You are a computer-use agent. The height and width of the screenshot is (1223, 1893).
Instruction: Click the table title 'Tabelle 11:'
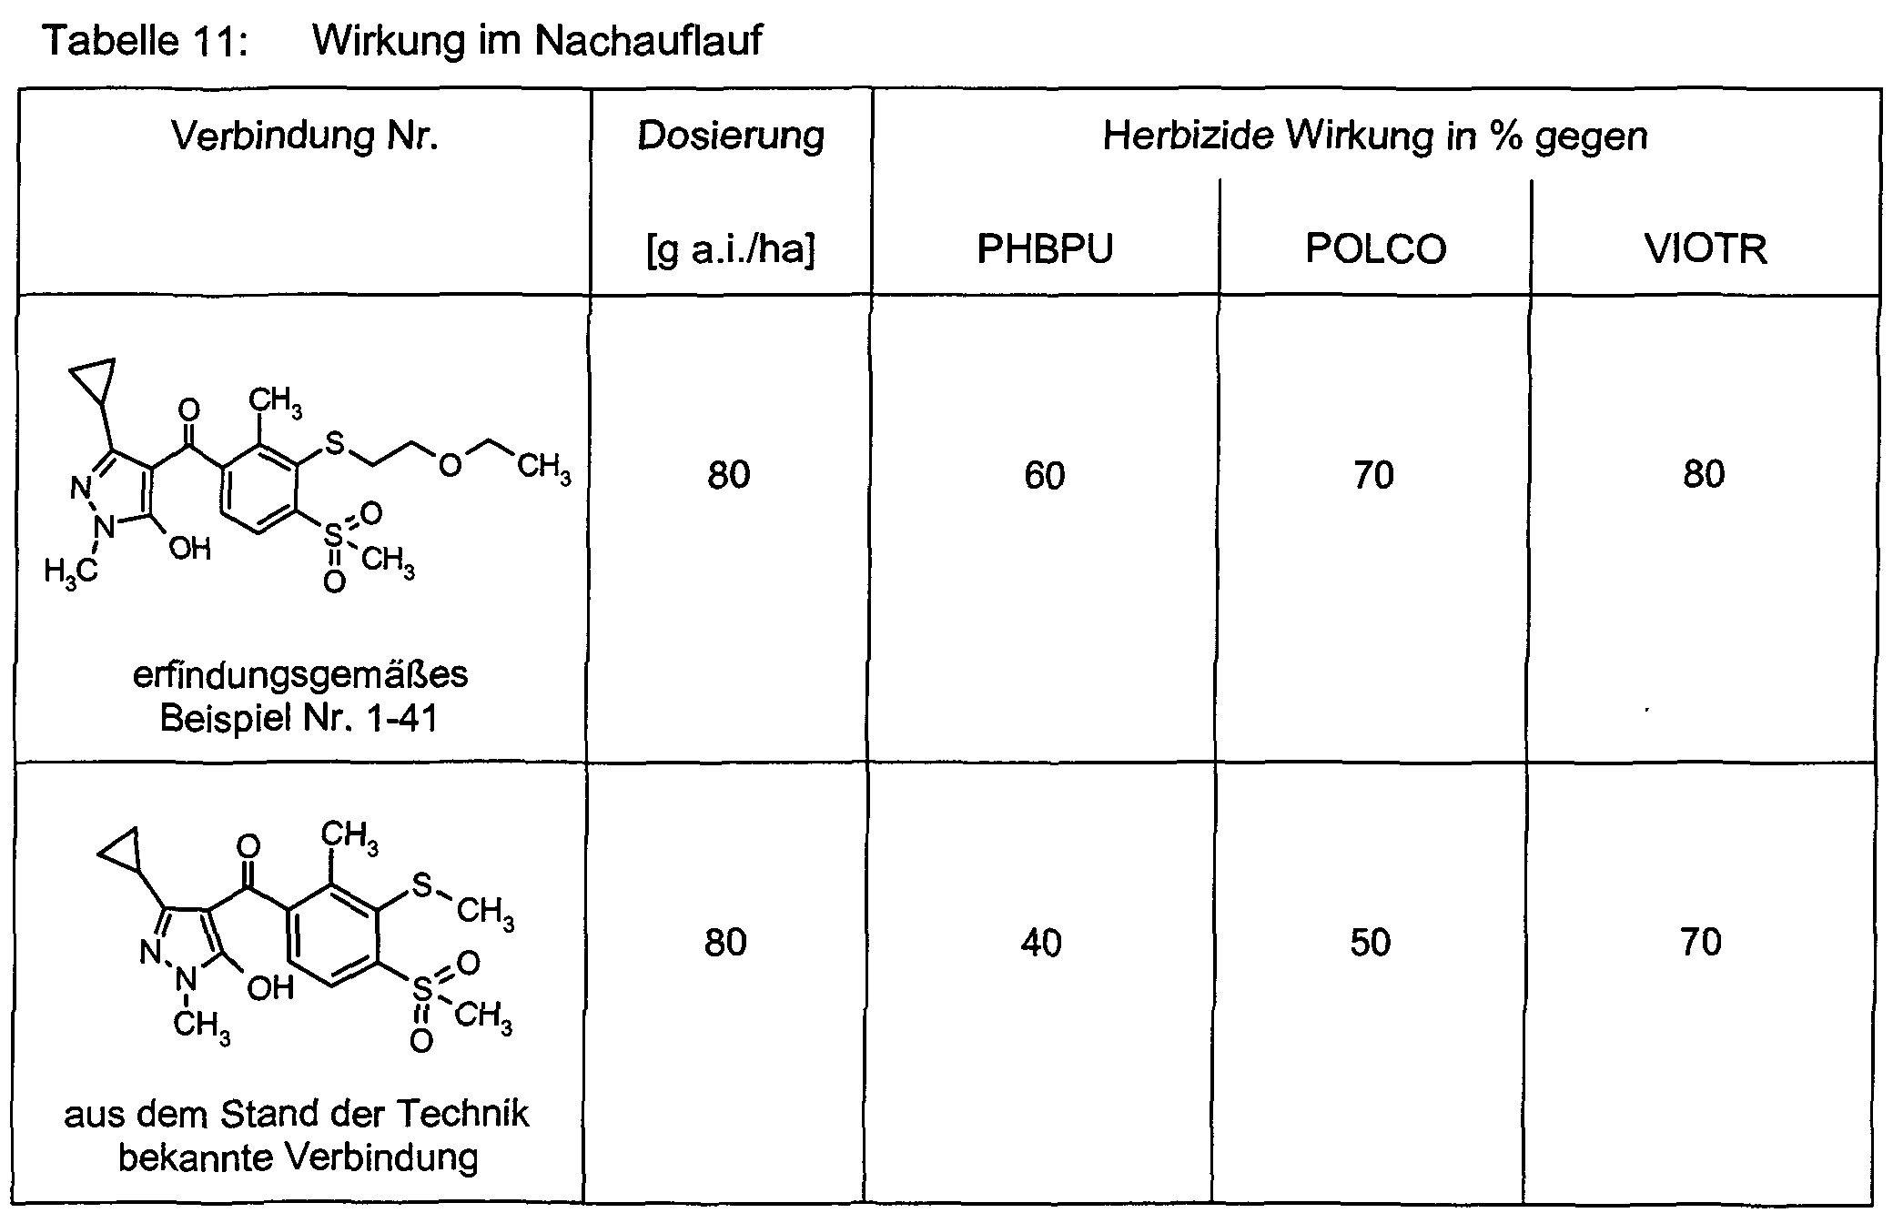[146, 41]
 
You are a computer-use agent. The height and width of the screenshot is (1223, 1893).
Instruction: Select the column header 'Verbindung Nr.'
[305, 136]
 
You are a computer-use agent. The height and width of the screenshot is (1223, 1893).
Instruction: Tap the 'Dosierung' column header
[731, 136]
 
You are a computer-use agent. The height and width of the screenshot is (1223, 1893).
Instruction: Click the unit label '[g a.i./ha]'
[731, 249]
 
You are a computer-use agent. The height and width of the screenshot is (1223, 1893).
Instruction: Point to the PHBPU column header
[1045, 248]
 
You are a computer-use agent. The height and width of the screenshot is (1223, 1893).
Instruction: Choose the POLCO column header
[1375, 248]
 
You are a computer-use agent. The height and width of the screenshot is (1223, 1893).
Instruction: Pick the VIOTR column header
[1706, 248]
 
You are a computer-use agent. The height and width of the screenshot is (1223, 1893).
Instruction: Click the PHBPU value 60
[1044, 475]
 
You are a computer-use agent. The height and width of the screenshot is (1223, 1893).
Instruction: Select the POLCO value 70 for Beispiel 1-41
[1373, 475]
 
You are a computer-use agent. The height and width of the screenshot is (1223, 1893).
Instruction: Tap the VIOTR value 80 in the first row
[1704, 474]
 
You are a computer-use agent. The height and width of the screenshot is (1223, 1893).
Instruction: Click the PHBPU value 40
[1041, 943]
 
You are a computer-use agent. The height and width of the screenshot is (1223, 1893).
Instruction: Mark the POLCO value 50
[1371, 943]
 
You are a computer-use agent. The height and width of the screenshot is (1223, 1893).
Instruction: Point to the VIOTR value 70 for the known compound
[1701, 942]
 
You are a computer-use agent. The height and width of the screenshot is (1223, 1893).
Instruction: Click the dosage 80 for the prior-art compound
[725, 942]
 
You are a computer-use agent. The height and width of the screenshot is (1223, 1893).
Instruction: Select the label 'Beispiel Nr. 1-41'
[299, 719]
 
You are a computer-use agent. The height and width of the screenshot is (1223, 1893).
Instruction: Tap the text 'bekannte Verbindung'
[299, 1157]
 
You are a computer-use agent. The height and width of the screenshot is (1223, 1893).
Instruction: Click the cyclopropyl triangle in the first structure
[94, 379]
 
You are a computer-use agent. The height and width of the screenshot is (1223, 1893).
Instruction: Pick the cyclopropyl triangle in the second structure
[121, 848]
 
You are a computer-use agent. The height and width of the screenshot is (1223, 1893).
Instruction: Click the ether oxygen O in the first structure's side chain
[450, 465]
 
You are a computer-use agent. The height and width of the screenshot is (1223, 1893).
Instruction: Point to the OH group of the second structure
[270, 987]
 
